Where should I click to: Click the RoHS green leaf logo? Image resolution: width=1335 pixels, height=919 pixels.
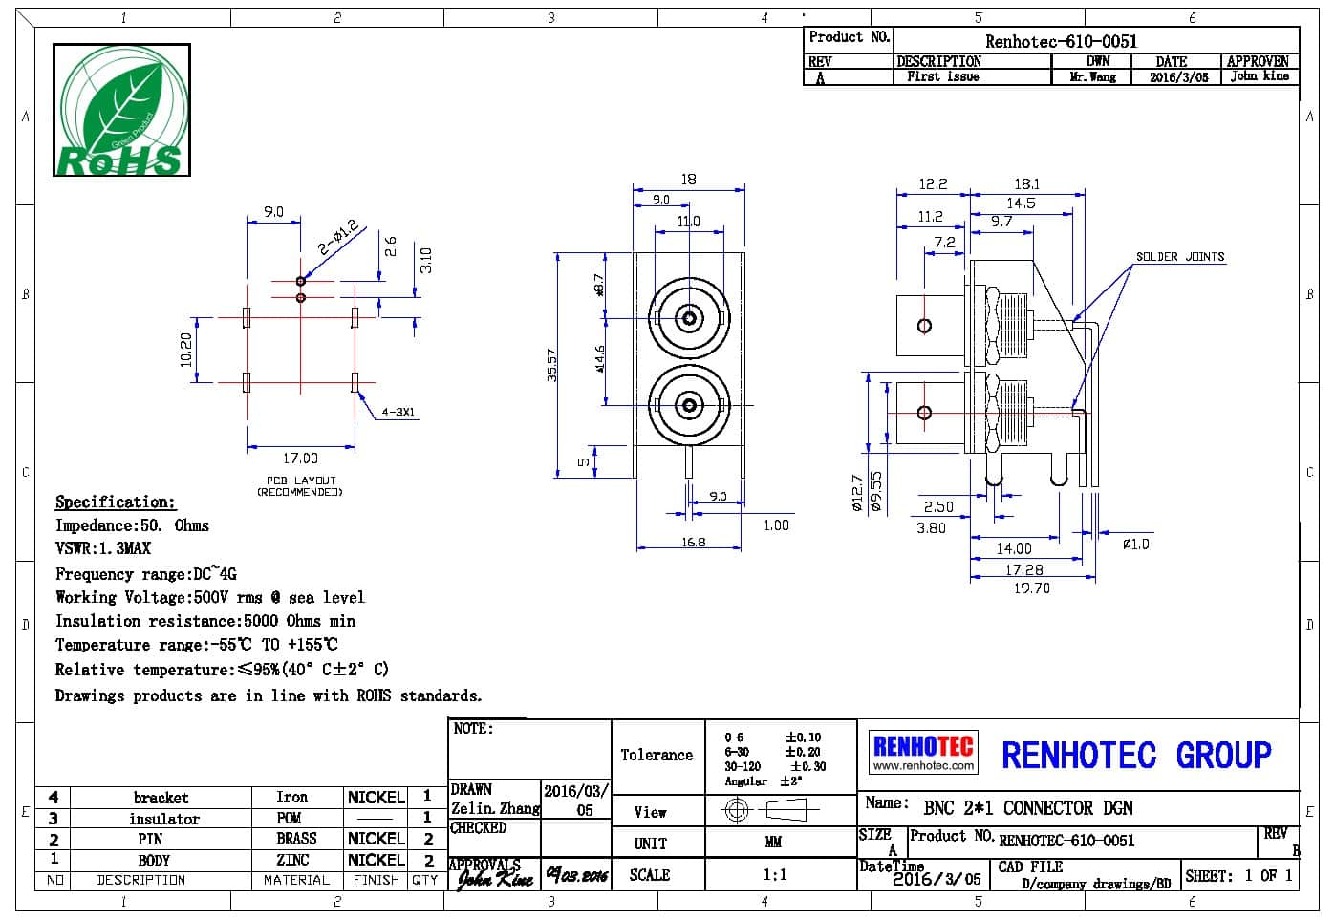pyautogui.click(x=121, y=110)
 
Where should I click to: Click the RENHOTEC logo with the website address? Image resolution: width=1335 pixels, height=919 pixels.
pyautogui.click(x=923, y=752)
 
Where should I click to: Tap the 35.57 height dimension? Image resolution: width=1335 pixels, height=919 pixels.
pyautogui.click(x=552, y=365)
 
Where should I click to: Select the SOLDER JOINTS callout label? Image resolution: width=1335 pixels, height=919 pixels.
pyautogui.click(x=1179, y=257)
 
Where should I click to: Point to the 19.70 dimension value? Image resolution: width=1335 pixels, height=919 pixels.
pyautogui.click(x=1031, y=588)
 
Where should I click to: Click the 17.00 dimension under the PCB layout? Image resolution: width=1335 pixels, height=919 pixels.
pyautogui.click(x=300, y=459)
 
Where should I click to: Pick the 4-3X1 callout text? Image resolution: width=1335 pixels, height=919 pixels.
pyautogui.click(x=399, y=413)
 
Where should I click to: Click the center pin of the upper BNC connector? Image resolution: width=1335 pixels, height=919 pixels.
pyautogui.click(x=688, y=317)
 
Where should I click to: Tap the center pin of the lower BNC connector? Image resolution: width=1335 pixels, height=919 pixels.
pyautogui.click(x=688, y=406)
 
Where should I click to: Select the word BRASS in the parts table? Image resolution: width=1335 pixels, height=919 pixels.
pyautogui.click(x=296, y=838)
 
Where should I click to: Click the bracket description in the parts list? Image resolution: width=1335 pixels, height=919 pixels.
pyautogui.click(x=161, y=798)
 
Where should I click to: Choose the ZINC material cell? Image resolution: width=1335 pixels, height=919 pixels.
pyautogui.click(x=292, y=860)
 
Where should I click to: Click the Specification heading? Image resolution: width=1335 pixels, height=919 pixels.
pyautogui.click(x=115, y=502)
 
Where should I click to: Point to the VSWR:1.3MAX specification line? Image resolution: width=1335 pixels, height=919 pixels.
pyautogui.click(x=103, y=548)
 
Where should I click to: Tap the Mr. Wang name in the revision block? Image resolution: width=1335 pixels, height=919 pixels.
pyautogui.click(x=1092, y=77)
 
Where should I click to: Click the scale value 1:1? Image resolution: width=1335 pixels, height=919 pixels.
pyautogui.click(x=775, y=874)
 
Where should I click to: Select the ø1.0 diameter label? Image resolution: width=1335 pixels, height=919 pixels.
pyautogui.click(x=1135, y=544)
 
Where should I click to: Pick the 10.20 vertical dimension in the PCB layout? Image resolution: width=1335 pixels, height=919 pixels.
pyautogui.click(x=186, y=349)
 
